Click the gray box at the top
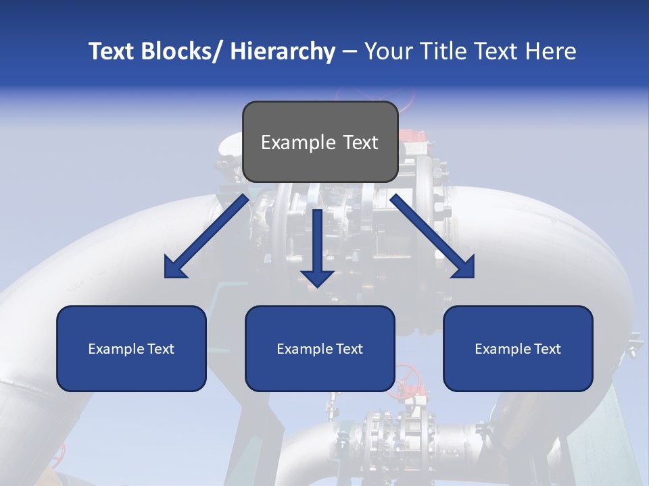320,142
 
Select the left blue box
131,349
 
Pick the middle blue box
320,349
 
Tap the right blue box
518,349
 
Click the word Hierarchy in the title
283,51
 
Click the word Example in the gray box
298,142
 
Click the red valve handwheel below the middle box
408,375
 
